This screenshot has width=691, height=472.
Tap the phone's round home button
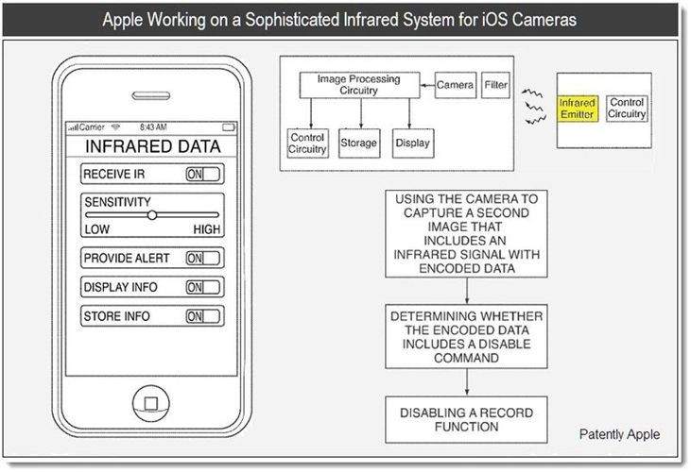tap(151, 403)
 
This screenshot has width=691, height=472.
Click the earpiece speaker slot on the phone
tap(150, 95)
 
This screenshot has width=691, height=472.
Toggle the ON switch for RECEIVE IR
tap(202, 175)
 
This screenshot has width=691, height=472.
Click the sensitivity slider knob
tap(152, 215)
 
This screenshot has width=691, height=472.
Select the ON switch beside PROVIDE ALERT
tap(202, 259)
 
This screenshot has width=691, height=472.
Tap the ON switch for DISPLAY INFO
tap(202, 287)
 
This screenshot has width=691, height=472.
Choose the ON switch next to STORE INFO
tap(202, 316)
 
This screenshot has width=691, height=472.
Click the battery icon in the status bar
tap(229, 127)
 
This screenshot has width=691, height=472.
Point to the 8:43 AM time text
tap(153, 127)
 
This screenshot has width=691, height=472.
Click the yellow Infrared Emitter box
tap(578, 109)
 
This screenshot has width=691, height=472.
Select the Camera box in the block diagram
tap(456, 85)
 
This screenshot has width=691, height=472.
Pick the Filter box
tap(495, 85)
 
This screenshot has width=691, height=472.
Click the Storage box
tap(359, 143)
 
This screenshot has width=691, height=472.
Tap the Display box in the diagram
tap(413, 143)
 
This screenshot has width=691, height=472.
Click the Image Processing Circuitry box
tap(359, 85)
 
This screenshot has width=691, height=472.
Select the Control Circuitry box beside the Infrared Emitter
tap(627, 109)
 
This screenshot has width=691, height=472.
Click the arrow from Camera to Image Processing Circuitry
tap(427, 85)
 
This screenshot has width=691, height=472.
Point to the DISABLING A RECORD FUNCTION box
tap(466, 420)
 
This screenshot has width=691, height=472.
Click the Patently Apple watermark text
tap(619, 434)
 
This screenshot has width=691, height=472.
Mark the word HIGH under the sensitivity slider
tap(207, 229)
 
